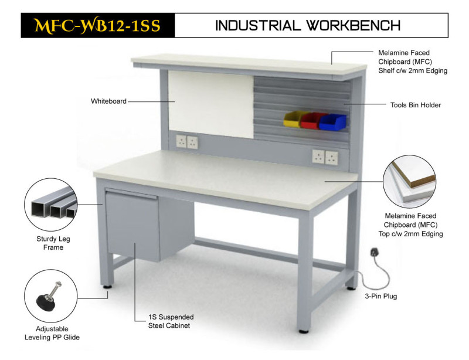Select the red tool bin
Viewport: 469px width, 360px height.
(312, 120)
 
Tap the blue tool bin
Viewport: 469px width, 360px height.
(332, 122)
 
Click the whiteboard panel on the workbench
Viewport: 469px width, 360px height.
(212, 104)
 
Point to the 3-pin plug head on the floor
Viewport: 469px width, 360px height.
(374, 252)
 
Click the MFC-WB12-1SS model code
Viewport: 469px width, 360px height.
(97, 25)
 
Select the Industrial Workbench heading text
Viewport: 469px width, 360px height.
(308, 25)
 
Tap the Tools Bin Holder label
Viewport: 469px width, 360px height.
(416, 105)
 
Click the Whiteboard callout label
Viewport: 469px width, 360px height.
(108, 101)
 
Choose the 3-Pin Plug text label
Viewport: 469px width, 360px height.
(380, 296)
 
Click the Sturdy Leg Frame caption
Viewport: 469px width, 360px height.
(53, 243)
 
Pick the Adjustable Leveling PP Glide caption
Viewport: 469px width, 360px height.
(52, 333)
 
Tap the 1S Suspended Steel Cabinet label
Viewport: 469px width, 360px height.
(171, 321)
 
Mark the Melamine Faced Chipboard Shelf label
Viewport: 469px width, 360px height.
(413, 62)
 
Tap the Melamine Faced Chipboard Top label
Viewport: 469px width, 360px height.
(410, 225)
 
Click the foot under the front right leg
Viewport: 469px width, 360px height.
(304, 331)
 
